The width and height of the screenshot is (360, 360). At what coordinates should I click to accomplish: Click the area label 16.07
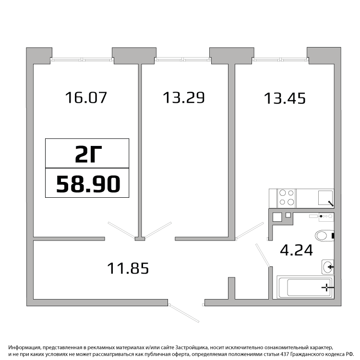[86, 97]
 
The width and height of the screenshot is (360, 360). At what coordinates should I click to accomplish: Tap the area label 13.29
[184, 97]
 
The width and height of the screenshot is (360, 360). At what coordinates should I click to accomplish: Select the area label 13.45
[285, 98]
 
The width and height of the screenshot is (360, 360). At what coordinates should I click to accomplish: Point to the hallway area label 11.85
[128, 268]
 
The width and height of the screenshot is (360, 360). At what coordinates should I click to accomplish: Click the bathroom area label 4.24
[297, 250]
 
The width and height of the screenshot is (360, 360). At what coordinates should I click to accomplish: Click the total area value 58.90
[88, 184]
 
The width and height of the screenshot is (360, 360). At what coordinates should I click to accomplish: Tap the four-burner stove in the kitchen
[287, 197]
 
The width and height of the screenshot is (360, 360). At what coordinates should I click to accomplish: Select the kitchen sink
[325, 198]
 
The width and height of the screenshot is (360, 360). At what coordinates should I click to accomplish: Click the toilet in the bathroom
[324, 236]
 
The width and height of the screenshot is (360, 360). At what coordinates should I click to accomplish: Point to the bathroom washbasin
[328, 267]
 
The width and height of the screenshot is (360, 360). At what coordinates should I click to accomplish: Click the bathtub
[305, 287]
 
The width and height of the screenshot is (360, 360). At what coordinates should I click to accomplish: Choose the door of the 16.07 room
[122, 230]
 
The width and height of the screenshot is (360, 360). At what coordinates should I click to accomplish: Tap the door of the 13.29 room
[158, 230]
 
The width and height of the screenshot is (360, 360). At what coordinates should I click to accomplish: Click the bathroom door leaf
[263, 255]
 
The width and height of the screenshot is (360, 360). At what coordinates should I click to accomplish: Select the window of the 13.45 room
[280, 60]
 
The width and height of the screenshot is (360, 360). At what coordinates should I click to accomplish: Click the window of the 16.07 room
[82, 60]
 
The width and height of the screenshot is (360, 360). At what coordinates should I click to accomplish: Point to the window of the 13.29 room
[183, 60]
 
